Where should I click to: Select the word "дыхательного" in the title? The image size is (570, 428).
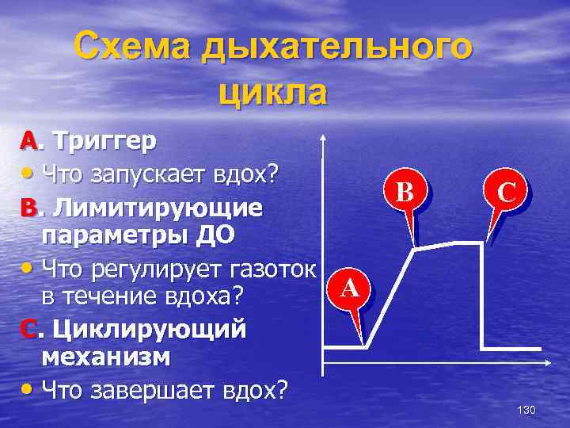click(337, 48)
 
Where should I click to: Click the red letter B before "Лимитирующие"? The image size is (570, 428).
click(28, 208)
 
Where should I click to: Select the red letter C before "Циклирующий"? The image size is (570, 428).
click(28, 328)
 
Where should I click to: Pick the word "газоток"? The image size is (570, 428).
click(272, 268)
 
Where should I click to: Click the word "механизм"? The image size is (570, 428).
click(105, 357)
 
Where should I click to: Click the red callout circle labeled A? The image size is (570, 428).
click(351, 289)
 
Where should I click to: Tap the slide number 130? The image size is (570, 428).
click(526, 410)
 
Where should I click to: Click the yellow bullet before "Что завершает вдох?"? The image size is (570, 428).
click(28, 389)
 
